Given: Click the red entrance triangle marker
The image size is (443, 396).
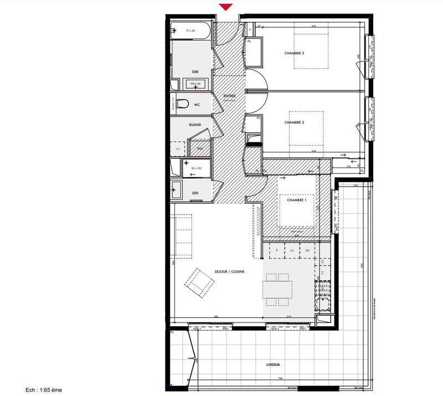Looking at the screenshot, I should click(225, 7).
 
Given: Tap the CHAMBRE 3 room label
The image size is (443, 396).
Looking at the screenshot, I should click(295, 53).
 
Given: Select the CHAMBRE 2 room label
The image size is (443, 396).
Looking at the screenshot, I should click(295, 122).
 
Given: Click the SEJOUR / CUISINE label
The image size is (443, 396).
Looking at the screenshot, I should click(230, 272).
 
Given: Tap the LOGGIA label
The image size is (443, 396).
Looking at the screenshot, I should click(272, 365).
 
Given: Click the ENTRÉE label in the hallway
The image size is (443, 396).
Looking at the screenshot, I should click(229, 96).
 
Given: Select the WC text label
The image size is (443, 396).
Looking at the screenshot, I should click(196, 104).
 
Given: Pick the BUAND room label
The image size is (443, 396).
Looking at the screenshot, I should click(195, 125).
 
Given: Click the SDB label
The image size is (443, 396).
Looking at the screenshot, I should click(195, 72).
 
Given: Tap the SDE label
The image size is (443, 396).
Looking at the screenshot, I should click(195, 193).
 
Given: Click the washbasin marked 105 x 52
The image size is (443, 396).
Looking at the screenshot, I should click(195, 84).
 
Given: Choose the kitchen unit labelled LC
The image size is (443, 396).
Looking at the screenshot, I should click(291, 251).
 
